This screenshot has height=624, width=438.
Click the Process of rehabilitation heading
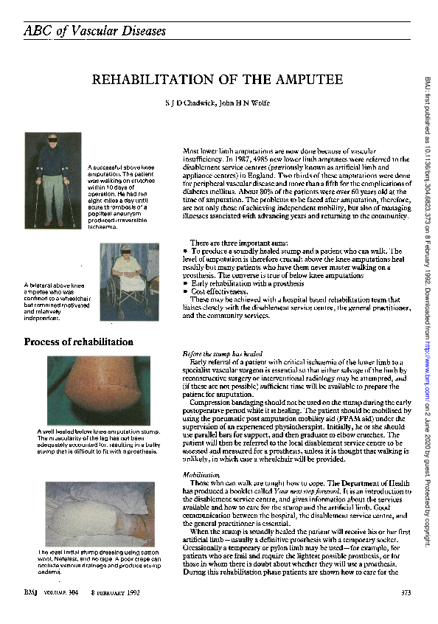(x=79, y=342)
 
